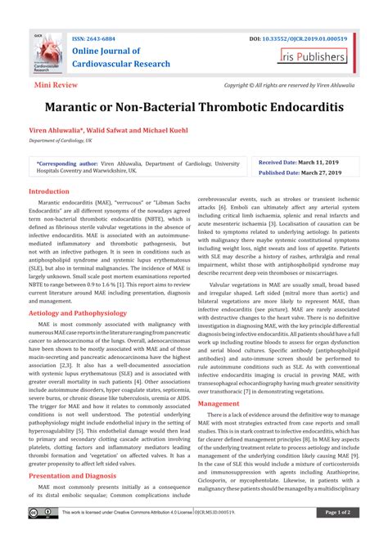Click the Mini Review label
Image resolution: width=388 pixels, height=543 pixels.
pyautogui.click(x=56, y=84)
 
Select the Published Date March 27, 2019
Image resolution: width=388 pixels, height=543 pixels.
pyautogui.click(x=298, y=173)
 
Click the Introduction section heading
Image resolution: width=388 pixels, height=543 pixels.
pyautogui.click(x=50, y=191)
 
